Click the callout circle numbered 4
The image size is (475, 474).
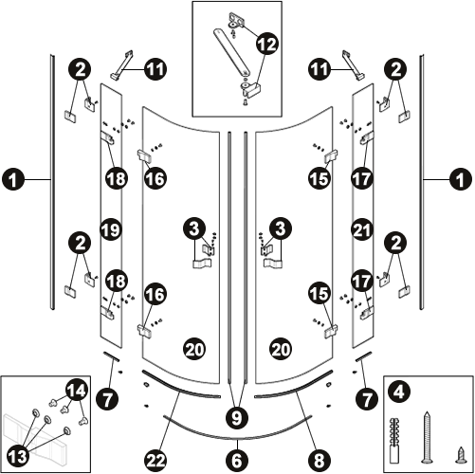pyautogui.click(x=399, y=392)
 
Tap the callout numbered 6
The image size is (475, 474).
pyautogui.click(x=237, y=461)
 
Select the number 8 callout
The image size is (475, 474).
pyautogui.click(x=319, y=461)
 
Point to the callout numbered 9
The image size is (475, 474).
pyautogui.click(x=237, y=418)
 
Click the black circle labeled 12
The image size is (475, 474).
pyautogui.click(x=267, y=44)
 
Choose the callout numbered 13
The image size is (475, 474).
pyautogui.click(x=17, y=456)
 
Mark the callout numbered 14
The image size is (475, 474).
pyautogui.click(x=77, y=391)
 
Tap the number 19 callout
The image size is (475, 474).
pyautogui.click(x=111, y=229)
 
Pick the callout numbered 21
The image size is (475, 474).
pyautogui.click(x=362, y=229)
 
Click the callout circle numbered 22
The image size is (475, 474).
pyautogui.click(x=155, y=461)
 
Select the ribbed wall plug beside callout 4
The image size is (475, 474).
pyautogui.click(x=394, y=441)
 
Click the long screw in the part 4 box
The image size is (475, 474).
pyautogui.click(x=427, y=438)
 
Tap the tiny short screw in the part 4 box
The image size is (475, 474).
pyautogui.click(x=461, y=456)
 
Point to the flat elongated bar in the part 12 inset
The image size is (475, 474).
pyautogui.click(x=231, y=52)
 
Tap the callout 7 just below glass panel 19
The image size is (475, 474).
pyautogui.click(x=108, y=399)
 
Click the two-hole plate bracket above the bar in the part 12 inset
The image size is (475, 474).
pyautogui.click(x=236, y=19)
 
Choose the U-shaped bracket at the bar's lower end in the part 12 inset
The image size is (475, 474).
pyautogui.click(x=250, y=88)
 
